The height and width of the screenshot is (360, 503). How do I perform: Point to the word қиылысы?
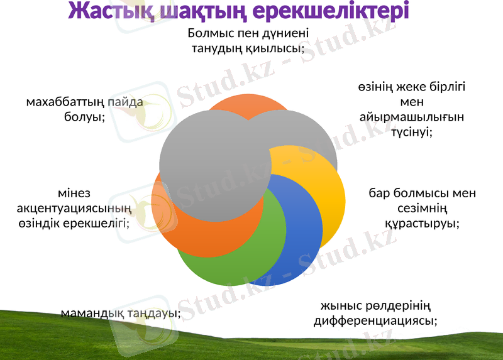click(274, 48)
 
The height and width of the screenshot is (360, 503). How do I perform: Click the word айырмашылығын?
click(412, 117)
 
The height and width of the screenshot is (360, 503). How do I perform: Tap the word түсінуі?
click(412, 132)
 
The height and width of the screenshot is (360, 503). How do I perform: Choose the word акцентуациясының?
click(75, 208)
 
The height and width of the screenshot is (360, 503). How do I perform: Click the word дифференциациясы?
click(376, 321)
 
